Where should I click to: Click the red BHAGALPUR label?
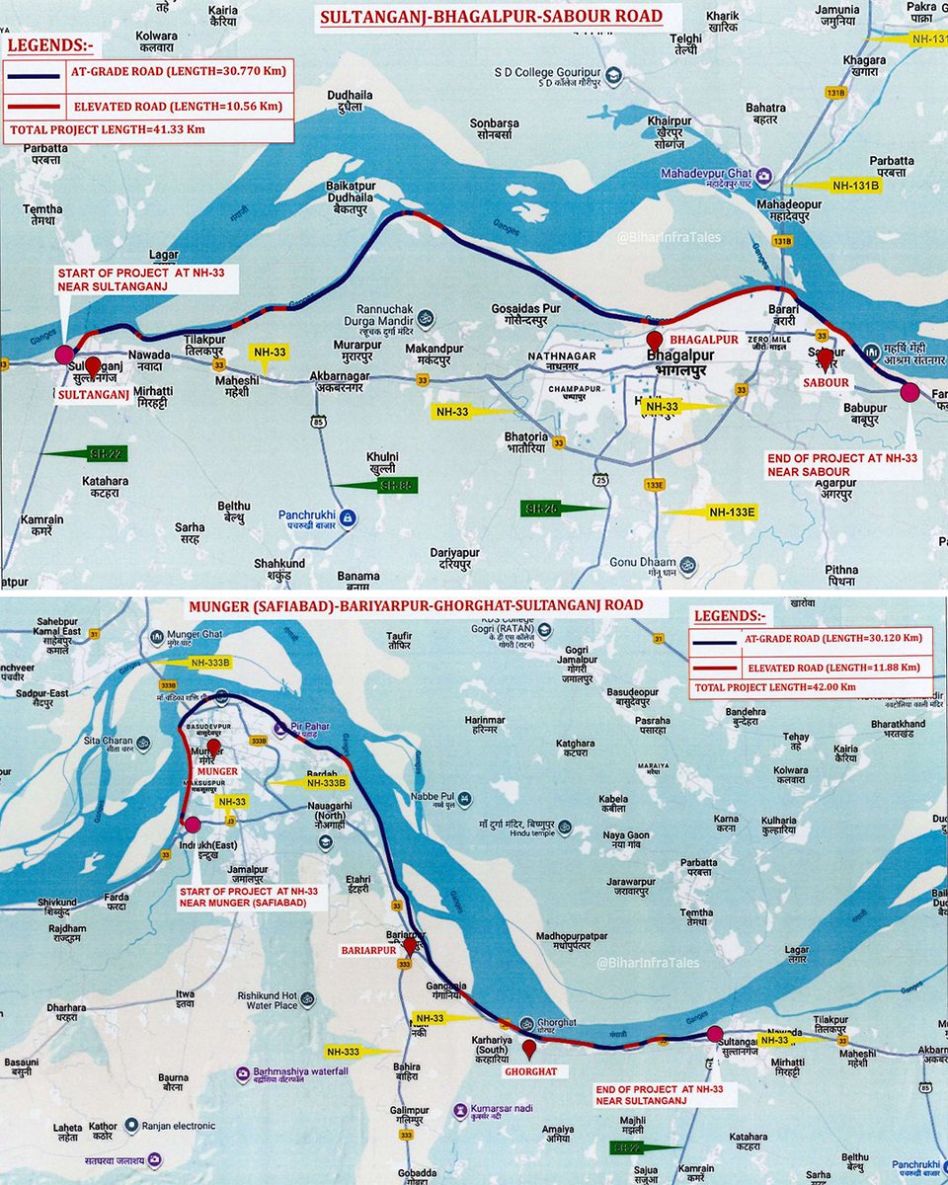pyautogui.click(x=704, y=338)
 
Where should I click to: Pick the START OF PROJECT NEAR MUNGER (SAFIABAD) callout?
pyautogui.click(x=244, y=900)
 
